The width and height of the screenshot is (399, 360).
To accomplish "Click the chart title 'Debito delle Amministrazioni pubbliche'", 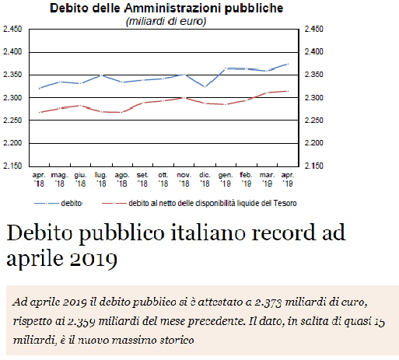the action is [166, 9].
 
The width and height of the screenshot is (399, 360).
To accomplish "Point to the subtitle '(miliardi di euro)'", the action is [166, 21].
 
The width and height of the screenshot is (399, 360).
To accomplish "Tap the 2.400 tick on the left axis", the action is [12, 52].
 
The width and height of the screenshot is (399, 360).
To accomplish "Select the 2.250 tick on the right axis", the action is [314, 121].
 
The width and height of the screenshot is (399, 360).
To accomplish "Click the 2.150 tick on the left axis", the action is [12, 166].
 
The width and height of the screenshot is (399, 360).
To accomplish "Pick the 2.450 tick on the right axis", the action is [314, 29].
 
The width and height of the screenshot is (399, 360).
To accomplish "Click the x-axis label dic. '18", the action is [205, 180].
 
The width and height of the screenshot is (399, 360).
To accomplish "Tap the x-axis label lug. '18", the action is [101, 180].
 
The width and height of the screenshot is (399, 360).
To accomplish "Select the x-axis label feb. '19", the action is [246, 180].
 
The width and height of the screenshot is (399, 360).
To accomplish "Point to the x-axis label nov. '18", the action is [184, 180].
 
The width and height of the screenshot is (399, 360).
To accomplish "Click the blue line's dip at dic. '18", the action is [205, 87].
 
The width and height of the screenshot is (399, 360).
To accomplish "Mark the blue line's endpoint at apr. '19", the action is [288, 64].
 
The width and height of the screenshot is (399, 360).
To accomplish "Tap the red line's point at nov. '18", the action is [184, 98].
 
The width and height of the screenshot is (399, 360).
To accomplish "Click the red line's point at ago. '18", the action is [121, 112].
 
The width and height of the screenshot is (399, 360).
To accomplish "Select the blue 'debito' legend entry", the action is [58, 203].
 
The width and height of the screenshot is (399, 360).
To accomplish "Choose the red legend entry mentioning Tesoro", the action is [199, 203].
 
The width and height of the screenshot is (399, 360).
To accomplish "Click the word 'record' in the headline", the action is [284, 232].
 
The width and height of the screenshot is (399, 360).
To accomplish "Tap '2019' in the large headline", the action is [93, 259].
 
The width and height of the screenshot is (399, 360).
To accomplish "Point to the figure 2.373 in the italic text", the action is [268, 302].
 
